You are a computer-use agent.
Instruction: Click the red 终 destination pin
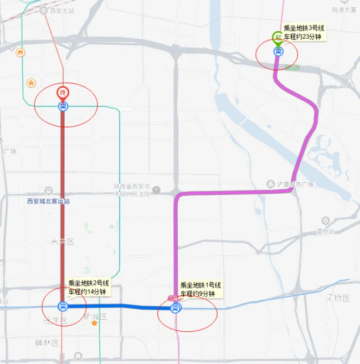coord(63,92)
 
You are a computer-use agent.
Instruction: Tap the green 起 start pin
coord(277,38)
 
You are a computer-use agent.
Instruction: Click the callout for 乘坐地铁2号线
coord(89,287)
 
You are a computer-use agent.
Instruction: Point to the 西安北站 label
coord(58,11)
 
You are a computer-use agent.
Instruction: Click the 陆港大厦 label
coord(343,9)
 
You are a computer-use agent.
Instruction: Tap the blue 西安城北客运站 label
coord(49,201)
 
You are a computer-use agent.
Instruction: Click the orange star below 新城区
coord(95,322)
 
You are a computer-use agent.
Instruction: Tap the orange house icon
coord(31,83)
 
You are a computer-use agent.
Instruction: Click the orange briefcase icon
coord(20,53)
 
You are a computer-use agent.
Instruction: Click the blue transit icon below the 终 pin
coord(63,106)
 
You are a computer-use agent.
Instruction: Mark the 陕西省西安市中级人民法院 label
coord(136,189)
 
